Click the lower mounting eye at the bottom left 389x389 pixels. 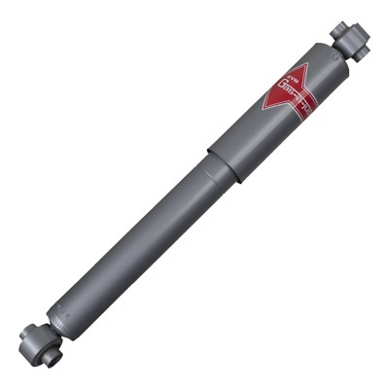tap(36, 341)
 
